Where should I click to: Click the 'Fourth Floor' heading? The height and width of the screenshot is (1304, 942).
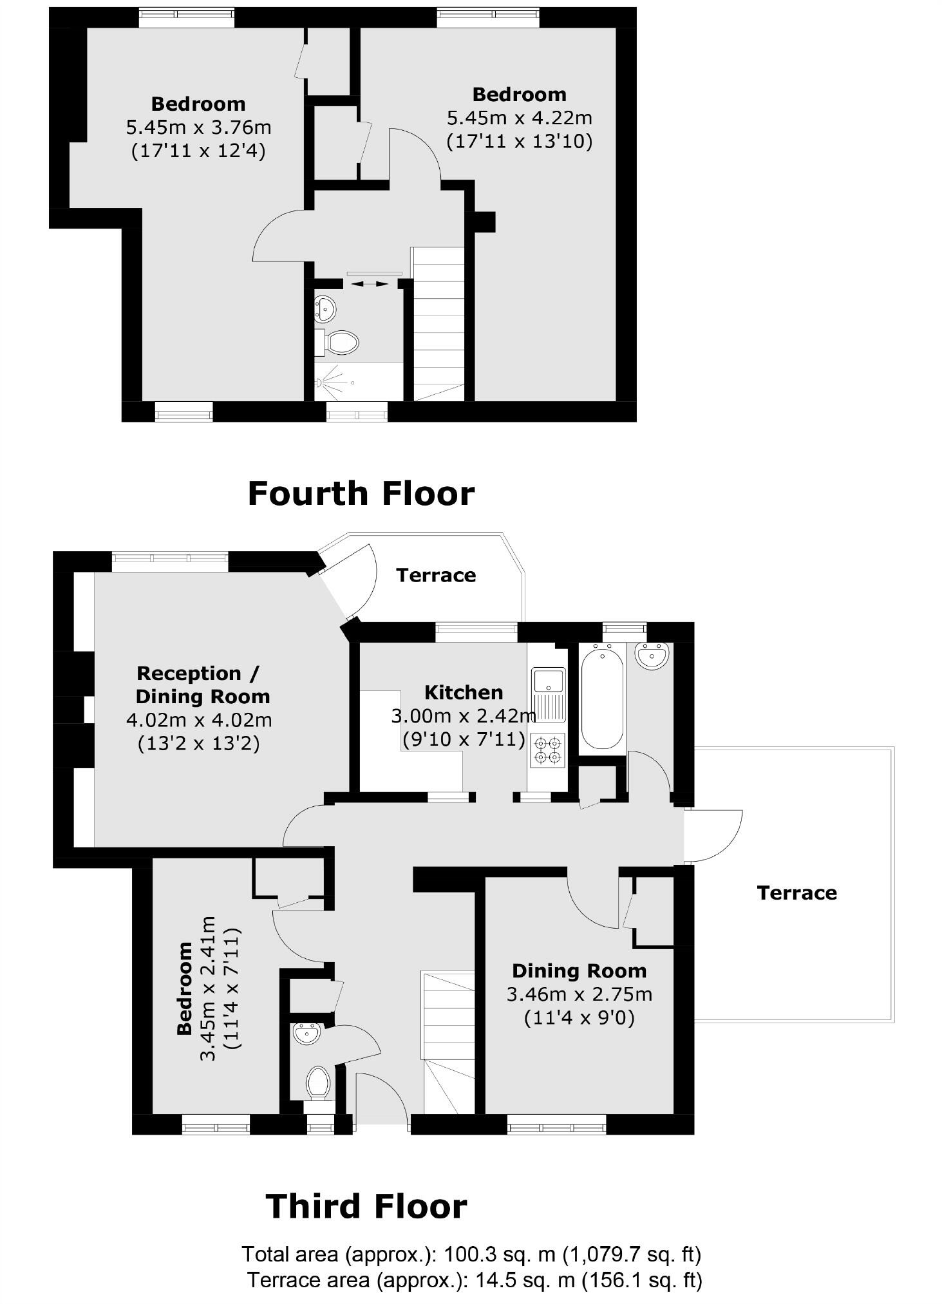click(361, 494)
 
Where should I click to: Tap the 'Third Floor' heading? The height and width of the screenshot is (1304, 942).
click(366, 1207)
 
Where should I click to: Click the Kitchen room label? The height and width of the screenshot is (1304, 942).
click(464, 692)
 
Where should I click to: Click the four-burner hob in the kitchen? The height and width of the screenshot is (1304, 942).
click(547, 750)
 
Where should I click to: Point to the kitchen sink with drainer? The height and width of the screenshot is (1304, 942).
click(548, 695)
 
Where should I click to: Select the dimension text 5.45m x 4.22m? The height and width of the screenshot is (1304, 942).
click(520, 118)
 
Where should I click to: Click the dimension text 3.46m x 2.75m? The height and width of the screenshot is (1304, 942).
click(579, 994)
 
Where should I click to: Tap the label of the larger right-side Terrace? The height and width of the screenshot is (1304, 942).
click(797, 893)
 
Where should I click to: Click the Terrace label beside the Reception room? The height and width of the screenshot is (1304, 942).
click(436, 575)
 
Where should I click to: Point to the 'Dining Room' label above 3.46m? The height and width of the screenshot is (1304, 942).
click(579, 971)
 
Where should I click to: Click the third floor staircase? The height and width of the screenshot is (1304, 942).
click(448, 1043)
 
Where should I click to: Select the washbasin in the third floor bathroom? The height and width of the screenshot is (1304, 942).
click(652, 656)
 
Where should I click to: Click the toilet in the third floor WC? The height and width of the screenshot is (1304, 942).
click(318, 1083)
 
